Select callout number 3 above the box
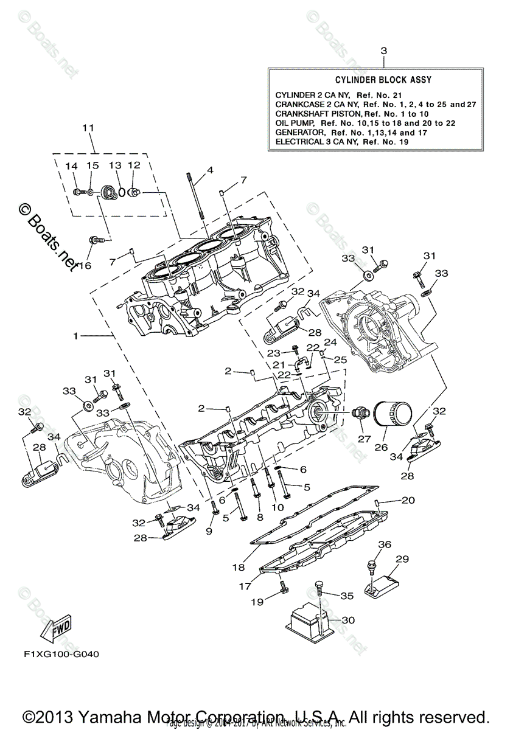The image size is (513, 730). [383, 52]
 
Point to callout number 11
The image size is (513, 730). [89, 128]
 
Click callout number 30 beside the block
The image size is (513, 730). [347, 620]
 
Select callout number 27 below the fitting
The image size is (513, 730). [365, 439]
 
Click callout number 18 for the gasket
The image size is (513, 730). [239, 567]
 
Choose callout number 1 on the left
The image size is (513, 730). [75, 336]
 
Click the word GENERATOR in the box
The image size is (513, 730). [298, 132]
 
